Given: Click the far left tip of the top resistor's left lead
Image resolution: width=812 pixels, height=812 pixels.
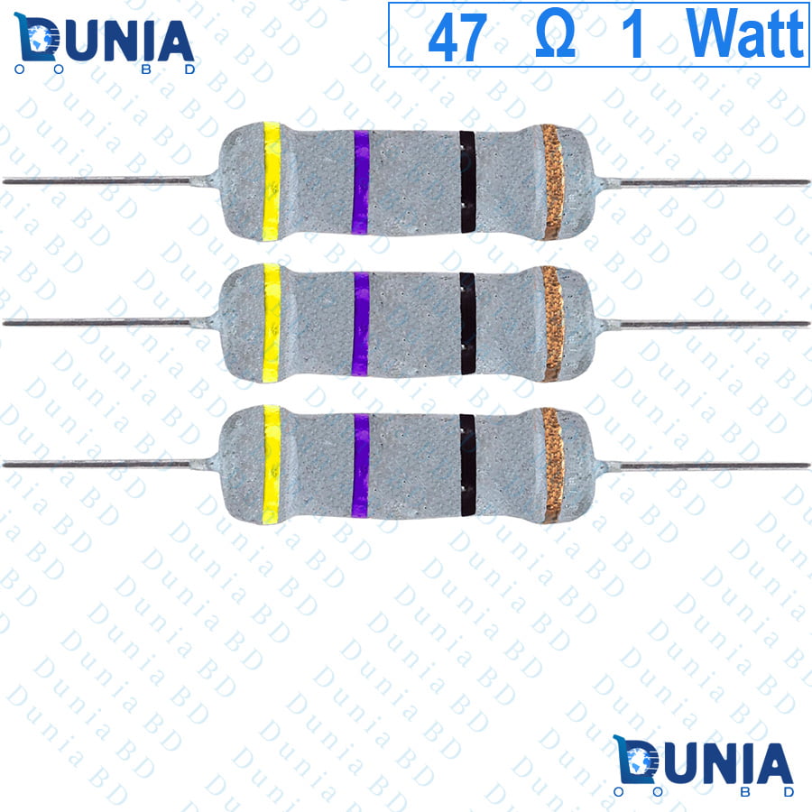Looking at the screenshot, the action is coord(4,180).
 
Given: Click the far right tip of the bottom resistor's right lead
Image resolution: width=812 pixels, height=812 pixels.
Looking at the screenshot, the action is coord(809,466).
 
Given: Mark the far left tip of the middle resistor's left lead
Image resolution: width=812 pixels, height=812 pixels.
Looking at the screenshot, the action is coord(4,323).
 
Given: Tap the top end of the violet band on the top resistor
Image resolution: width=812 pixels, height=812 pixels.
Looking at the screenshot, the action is coord(362,131).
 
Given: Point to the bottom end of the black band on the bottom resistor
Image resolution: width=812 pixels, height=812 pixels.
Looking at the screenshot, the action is coord(467,516).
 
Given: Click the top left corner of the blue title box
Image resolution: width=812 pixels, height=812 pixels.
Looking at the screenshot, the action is coord(389,3).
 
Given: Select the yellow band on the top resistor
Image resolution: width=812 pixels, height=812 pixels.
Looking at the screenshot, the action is coord(272,181).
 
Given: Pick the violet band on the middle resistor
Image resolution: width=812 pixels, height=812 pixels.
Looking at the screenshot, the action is coord(361,324).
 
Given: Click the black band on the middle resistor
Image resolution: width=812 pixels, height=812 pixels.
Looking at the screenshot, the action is coord(467,323).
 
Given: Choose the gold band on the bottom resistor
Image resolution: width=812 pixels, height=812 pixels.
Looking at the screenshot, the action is coord(552,465).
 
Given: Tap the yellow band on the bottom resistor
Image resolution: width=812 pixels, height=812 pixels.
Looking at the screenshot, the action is coord(272,465).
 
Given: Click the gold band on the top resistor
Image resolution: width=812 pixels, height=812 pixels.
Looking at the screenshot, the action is coord(552,181).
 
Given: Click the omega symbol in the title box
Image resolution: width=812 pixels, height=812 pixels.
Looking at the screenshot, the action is coord(555,36).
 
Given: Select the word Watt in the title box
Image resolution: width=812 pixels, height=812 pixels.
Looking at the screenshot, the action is coord(745,33).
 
